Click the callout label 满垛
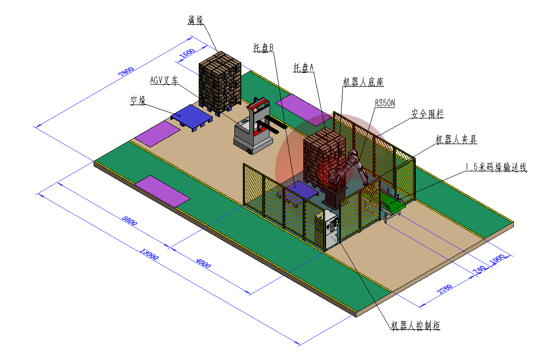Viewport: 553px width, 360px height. coord(195,20)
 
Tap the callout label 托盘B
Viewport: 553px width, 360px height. coord(264,48)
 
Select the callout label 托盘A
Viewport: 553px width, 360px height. coord(304,67)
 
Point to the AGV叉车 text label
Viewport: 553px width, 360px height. coord(165,80)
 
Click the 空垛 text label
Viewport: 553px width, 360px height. coord(138,101)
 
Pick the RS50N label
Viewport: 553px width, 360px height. coord(385,103)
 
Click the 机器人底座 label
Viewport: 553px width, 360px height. coord(363,82)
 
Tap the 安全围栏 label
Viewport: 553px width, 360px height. coord(428,114)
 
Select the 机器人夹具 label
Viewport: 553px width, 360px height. coord(456,140)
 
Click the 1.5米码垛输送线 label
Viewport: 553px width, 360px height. coord(496,167)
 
